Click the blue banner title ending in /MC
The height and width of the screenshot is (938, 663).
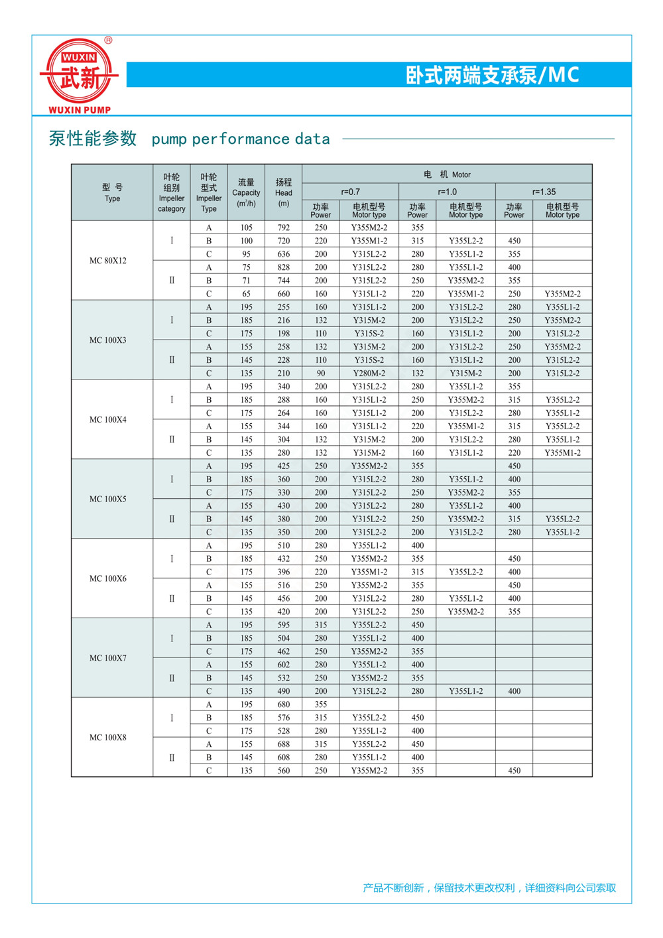(492, 75)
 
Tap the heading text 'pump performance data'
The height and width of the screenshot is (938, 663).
(241, 139)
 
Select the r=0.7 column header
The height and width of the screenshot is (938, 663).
(350, 192)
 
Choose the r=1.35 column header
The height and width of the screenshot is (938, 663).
(544, 192)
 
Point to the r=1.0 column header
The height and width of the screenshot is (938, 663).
(447, 192)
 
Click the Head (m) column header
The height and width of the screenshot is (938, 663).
(284, 192)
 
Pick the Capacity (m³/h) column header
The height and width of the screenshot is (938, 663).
(246, 192)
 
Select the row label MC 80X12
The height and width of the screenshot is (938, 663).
(108, 261)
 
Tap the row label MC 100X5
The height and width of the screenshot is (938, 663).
(108, 499)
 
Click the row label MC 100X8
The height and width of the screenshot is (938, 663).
(108, 737)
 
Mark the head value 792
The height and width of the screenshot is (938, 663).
(284, 228)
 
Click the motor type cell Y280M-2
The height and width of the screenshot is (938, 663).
(369, 373)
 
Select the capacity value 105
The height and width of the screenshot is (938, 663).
(247, 228)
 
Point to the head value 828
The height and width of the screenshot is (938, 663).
(284, 267)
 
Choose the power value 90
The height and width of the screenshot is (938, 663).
(321, 373)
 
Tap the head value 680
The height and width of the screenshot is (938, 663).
(284, 704)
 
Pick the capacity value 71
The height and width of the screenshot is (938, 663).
(247, 281)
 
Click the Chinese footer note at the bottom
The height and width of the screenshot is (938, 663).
(489, 888)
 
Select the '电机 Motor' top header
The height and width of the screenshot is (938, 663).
(447, 174)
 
